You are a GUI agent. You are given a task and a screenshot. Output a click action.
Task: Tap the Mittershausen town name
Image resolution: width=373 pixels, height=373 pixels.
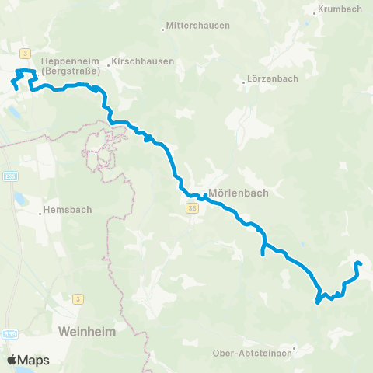(200, 26)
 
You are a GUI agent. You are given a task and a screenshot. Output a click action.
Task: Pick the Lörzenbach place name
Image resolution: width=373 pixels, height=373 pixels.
(271, 79)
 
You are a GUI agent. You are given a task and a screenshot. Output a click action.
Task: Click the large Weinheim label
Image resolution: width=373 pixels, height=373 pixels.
(86, 332)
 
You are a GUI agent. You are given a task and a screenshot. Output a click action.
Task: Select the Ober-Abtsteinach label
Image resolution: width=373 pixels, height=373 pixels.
(253, 353)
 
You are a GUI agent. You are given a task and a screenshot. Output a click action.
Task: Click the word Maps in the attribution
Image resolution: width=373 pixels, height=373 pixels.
(34, 360)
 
